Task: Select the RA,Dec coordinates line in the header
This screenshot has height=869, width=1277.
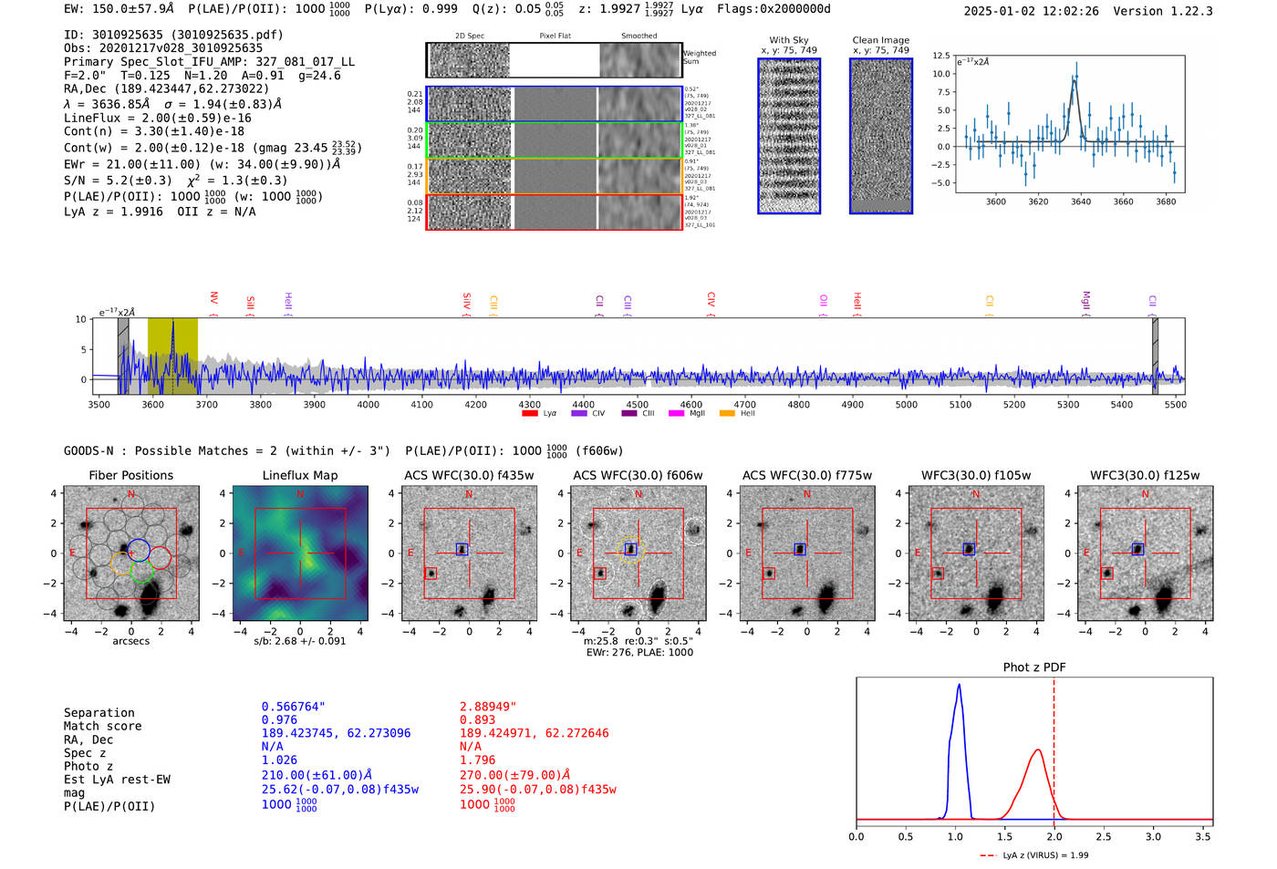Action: point(167,88)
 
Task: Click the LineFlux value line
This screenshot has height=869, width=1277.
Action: point(158,118)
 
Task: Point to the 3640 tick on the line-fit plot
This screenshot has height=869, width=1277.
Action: point(1081,202)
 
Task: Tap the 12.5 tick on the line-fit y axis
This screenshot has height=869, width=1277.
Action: point(940,56)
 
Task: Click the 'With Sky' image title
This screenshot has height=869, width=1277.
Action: point(789,40)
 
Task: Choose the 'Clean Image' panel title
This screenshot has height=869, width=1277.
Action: point(880,40)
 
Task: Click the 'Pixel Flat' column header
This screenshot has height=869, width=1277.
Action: point(555,36)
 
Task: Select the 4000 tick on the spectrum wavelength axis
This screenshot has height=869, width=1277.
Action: point(368,404)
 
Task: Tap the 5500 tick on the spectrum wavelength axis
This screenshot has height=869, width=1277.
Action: point(1175,404)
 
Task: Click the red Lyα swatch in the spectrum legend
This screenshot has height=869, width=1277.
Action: point(529,413)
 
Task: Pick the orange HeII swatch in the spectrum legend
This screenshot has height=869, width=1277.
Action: point(727,413)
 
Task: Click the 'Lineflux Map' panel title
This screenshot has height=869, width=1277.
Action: point(300,475)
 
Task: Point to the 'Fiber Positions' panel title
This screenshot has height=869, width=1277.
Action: point(130,475)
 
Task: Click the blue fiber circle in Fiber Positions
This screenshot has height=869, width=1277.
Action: point(139,549)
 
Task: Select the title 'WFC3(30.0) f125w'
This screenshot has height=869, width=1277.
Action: point(1145,475)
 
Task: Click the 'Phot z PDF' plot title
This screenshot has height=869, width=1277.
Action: point(1034,667)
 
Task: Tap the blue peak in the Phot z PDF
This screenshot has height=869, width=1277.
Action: point(959,686)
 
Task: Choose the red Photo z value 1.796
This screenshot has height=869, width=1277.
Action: point(478,760)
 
